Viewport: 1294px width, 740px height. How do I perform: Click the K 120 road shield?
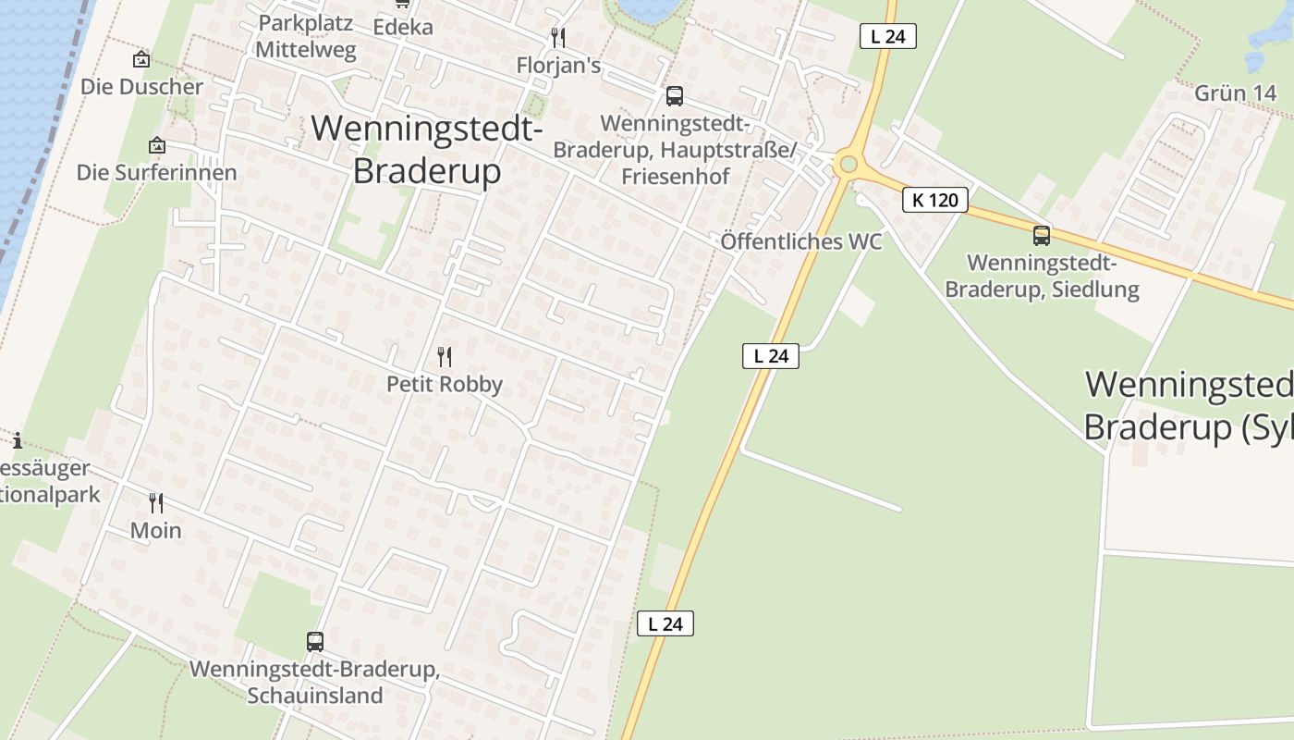point(935,200)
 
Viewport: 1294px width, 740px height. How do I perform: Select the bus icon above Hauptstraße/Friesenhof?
point(675,95)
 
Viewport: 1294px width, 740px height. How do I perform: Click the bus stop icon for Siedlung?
point(1042,235)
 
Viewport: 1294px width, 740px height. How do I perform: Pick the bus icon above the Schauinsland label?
point(315,641)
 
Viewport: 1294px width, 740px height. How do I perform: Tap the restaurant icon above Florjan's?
point(558,38)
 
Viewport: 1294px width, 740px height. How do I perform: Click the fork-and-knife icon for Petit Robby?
point(445,357)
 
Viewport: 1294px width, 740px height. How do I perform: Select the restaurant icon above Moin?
point(156,503)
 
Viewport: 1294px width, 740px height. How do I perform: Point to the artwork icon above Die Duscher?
point(141,59)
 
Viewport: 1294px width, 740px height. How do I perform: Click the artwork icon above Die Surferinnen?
point(157,145)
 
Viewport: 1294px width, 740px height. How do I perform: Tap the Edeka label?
point(403,28)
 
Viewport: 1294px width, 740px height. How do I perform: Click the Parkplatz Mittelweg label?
point(306,36)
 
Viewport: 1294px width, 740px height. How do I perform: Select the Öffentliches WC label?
point(801,241)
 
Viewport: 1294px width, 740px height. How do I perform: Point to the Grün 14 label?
point(1236,93)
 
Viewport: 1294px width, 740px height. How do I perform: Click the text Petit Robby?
point(445,384)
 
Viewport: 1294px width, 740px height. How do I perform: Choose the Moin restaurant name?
point(156,530)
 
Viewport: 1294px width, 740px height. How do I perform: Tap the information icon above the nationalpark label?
point(17,440)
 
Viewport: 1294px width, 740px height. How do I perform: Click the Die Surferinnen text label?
point(156,173)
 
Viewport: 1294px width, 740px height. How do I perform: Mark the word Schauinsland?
point(314,696)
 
